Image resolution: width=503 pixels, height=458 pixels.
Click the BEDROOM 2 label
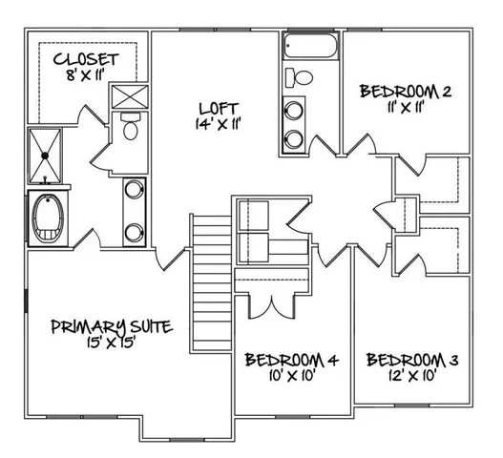404,92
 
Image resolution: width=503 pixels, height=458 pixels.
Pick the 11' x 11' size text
405,108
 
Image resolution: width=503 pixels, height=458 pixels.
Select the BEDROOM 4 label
292,360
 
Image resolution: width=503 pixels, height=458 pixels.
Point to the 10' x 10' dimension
292,376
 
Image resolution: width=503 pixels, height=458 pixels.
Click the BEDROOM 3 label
413,360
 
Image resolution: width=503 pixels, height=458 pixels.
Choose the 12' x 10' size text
413,376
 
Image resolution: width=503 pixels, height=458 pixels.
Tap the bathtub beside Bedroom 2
308,47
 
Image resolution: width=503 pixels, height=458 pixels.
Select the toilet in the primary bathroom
132,127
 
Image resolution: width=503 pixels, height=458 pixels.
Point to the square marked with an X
127,97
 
